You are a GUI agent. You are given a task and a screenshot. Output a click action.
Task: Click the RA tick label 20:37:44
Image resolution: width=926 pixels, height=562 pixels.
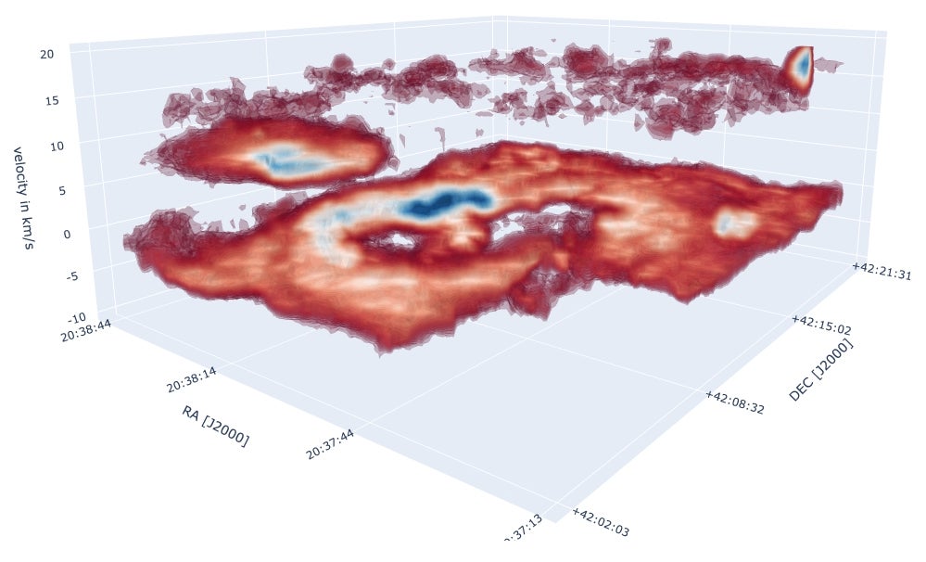click(x=333, y=448)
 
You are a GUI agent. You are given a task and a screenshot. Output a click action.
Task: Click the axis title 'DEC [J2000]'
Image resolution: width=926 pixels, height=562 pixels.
click(x=821, y=370)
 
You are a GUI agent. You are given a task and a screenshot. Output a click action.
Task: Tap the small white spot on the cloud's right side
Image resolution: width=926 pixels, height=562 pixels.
click(x=734, y=222)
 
